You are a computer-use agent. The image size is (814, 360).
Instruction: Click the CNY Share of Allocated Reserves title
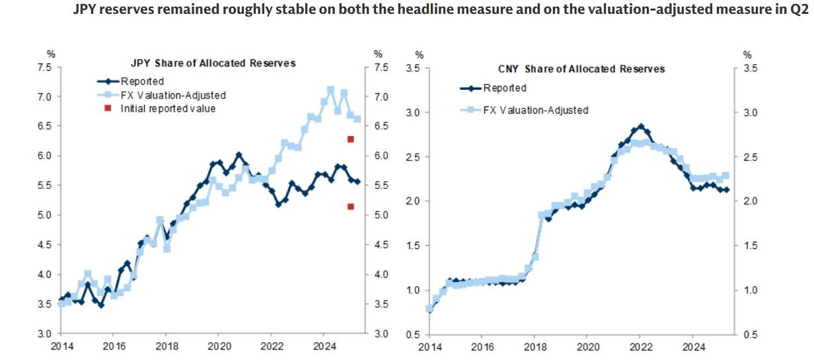coord(581,69)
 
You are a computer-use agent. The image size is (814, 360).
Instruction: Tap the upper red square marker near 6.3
coord(351,139)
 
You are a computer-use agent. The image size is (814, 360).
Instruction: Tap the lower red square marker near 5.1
coord(351,207)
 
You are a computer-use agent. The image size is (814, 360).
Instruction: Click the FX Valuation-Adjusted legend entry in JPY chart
coord(173,95)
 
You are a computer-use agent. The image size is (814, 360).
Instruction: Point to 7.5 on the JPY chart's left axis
coord(44,67)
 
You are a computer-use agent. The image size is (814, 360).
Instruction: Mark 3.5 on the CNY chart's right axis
coord(749,69)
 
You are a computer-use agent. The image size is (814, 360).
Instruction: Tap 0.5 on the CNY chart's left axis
coord(414,334)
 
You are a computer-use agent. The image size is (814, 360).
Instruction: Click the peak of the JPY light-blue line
coord(330,89)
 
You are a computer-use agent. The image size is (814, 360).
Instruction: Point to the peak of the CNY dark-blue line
coord(641,126)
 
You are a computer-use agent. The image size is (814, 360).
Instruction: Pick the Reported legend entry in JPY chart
coord(142,82)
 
